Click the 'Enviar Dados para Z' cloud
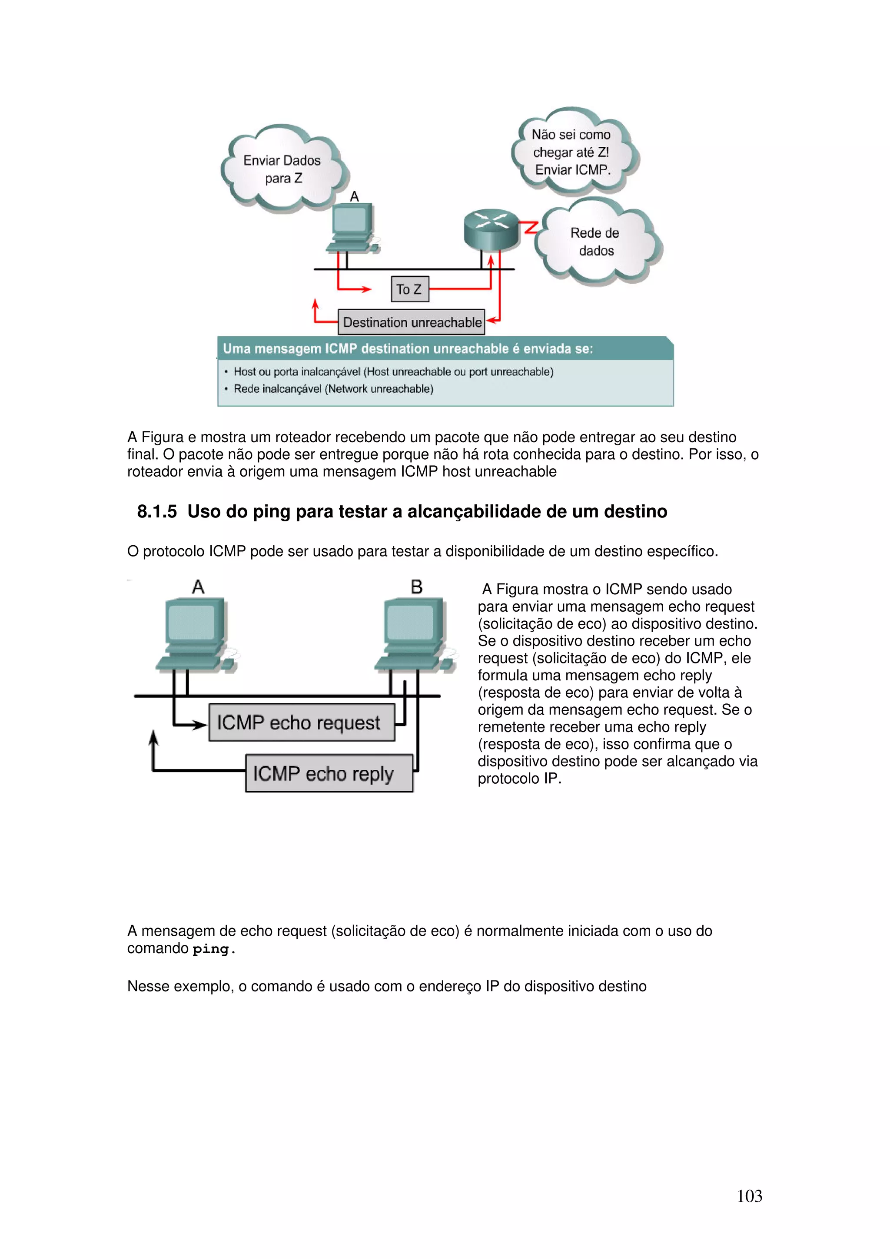(x=282, y=169)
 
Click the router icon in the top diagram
(x=491, y=229)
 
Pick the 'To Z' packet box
(x=409, y=289)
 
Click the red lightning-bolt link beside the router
(x=529, y=227)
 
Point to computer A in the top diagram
(x=352, y=228)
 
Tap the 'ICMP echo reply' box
(x=329, y=773)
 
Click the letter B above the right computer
(x=417, y=587)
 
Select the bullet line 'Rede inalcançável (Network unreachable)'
(x=333, y=389)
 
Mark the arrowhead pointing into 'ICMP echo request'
(x=201, y=726)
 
